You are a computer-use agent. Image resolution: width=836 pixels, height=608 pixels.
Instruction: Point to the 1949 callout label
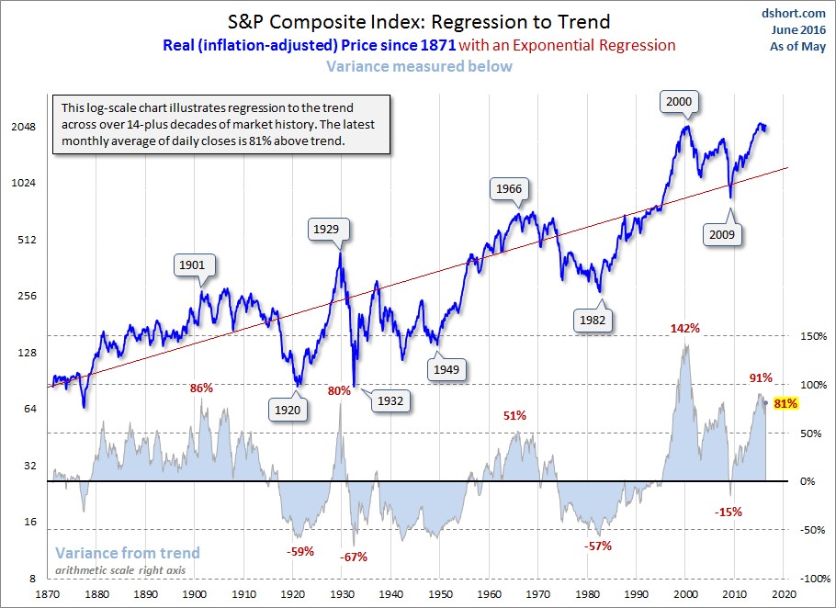click(447, 369)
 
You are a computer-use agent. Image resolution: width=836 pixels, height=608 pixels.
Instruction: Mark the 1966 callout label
click(508, 188)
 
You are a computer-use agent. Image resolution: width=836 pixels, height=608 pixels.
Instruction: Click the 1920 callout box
click(287, 410)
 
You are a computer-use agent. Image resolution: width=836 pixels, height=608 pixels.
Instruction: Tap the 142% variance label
click(685, 328)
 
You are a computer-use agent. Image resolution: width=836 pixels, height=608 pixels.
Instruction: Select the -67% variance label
click(354, 557)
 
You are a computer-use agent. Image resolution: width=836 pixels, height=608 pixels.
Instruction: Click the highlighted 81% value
click(785, 403)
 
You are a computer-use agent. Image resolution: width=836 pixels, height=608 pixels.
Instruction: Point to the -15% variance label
click(729, 512)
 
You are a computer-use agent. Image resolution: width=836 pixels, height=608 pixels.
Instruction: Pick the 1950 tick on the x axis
click(440, 595)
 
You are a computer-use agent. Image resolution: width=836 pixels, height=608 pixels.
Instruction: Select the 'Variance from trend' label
click(128, 553)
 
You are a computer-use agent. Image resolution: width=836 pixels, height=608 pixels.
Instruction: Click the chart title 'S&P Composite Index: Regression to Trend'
click(417, 20)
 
